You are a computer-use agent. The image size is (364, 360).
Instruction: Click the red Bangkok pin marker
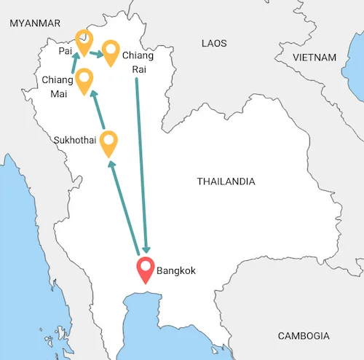(146, 271)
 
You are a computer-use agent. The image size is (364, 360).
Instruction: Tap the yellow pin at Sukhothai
(109, 142)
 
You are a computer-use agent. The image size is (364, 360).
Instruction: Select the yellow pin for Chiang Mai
(84, 79)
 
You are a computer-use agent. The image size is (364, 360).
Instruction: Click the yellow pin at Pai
(84, 42)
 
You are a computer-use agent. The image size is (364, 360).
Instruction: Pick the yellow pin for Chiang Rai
(111, 52)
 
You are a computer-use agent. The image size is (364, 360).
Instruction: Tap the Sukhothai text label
(75, 139)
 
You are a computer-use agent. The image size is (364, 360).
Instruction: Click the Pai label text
(66, 52)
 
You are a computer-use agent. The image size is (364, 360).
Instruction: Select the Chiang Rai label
(138, 62)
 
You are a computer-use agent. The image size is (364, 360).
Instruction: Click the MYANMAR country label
(34, 23)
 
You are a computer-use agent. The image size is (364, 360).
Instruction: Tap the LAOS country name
(214, 44)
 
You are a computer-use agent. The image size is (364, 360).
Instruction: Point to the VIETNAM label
(314, 57)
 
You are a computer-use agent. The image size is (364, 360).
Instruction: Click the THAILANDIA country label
(226, 181)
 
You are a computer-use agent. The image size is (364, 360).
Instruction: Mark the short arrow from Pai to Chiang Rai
(95, 54)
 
